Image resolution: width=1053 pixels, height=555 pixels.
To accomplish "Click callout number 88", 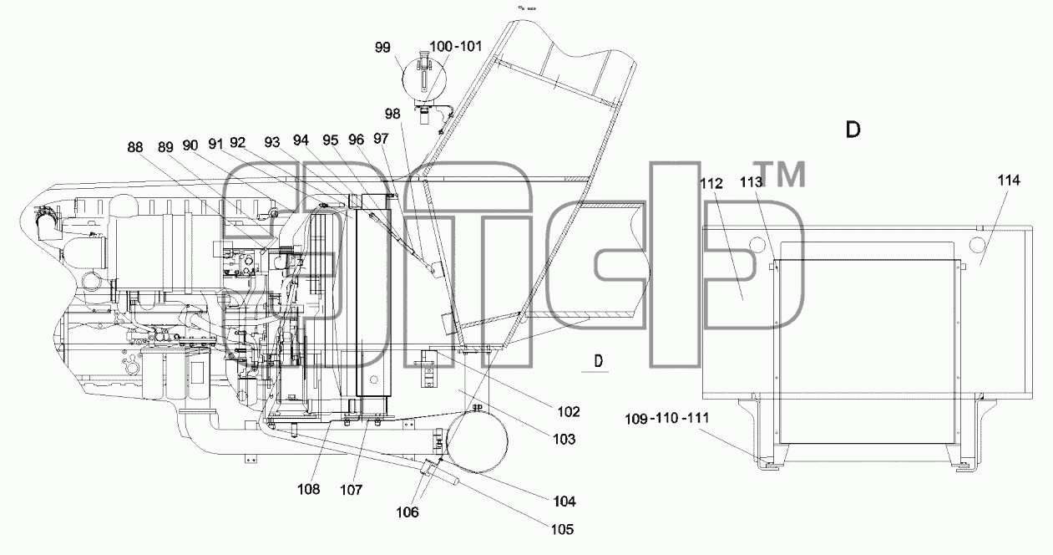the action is tap(135, 147).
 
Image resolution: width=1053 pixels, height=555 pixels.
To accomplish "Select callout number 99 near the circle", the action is tap(382, 47).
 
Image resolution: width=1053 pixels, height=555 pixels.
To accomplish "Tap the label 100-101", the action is tap(456, 46).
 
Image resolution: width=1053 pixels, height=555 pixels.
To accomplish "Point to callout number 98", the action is tap(392, 114).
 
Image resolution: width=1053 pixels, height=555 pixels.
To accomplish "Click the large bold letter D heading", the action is tap(853, 130).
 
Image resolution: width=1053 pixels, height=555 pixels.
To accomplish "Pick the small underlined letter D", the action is tap(599, 361).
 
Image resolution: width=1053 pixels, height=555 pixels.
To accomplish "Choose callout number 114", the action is tap(1009, 181).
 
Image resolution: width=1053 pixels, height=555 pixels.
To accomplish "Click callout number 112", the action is tap(711, 183).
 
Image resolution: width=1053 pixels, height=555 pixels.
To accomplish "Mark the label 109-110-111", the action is tap(666, 418).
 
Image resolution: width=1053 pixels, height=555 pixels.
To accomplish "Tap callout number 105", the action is tap(562, 529).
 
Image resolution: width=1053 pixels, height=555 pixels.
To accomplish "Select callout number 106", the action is tap(408, 512).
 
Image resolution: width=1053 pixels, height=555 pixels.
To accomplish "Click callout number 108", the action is tap(308, 489).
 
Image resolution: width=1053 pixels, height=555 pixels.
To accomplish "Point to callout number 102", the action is tap(569, 411).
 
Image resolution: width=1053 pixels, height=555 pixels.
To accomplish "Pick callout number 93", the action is tap(272, 141).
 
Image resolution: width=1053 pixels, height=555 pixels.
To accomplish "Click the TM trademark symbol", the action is tap(780, 174).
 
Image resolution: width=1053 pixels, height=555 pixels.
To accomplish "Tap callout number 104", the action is tap(564, 502).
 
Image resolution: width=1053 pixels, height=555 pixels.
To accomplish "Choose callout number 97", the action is tap(381, 138).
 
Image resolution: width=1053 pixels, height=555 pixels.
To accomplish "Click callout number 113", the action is tap(752, 181).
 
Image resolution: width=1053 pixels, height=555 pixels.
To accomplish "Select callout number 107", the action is tap(352, 490).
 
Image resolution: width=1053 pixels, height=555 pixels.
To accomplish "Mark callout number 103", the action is tap(564, 439).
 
